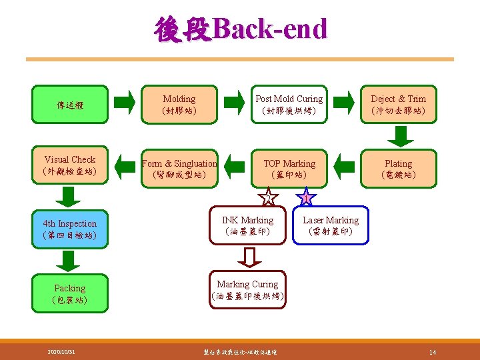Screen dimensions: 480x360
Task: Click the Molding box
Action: [179, 104]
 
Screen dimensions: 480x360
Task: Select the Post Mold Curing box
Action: [289, 104]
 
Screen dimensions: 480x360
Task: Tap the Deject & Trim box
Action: [398, 104]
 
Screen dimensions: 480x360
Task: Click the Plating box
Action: [398, 169]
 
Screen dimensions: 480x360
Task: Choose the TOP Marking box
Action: [289, 169]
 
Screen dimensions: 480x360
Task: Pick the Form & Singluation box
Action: [179, 169]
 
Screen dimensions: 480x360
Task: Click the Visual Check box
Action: [69, 165]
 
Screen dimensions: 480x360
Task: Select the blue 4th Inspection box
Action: [69, 229]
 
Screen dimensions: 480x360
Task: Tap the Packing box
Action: [69, 293]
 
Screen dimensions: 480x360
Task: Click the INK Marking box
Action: [247, 225]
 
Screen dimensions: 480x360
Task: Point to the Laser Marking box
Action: [331, 225]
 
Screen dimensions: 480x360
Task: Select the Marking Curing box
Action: [247, 289]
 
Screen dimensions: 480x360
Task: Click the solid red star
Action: [305, 198]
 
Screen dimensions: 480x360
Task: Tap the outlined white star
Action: [267, 198]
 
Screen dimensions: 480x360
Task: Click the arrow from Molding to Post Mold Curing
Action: [234, 102]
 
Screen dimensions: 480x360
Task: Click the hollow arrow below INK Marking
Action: [248, 257]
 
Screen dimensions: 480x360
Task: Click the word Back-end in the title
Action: [272, 29]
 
